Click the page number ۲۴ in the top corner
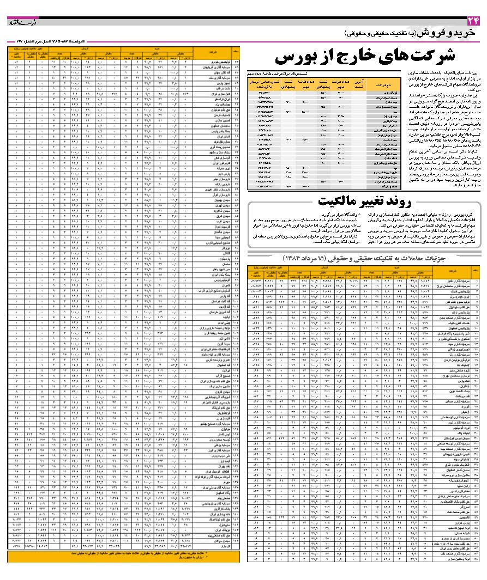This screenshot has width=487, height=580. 472,21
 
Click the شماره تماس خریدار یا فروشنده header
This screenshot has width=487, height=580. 261,85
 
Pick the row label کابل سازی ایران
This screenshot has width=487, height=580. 218,94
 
